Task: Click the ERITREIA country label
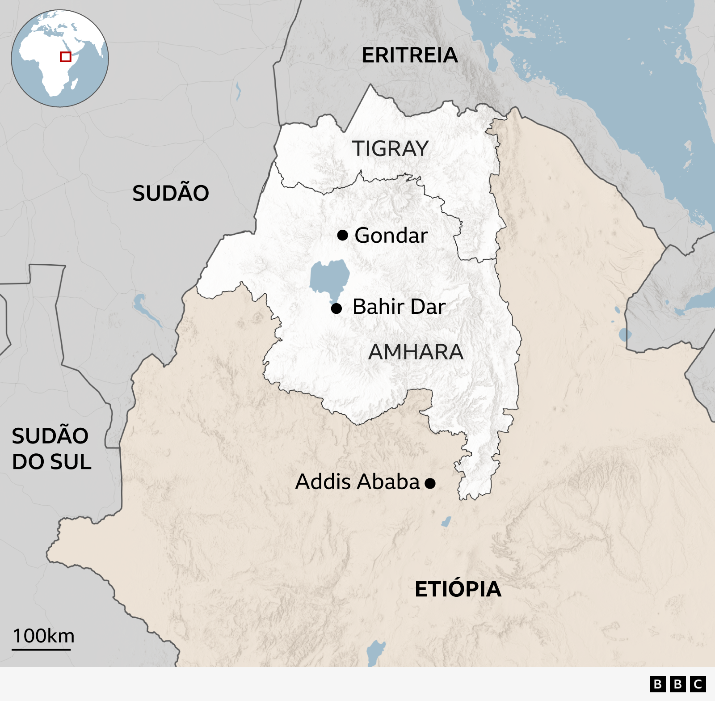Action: pos(410,55)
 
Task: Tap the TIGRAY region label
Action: pos(390,148)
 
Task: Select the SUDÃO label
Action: pos(171,193)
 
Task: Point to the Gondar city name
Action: pos(391,235)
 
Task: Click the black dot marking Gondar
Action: pos(343,235)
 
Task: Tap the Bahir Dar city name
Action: pos(399,307)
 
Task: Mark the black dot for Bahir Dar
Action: pos(336,308)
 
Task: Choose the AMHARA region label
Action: pos(416,352)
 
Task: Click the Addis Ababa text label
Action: pos(357,482)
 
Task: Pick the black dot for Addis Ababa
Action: pos(430,483)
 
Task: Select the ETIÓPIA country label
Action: pos(458,589)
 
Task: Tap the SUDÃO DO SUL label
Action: pos(51,449)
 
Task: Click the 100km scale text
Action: pos(43,636)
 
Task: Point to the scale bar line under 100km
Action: pos(41,649)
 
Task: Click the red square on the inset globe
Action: pos(66,57)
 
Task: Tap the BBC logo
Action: pos(677,684)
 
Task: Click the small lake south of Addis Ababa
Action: pos(446,521)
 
